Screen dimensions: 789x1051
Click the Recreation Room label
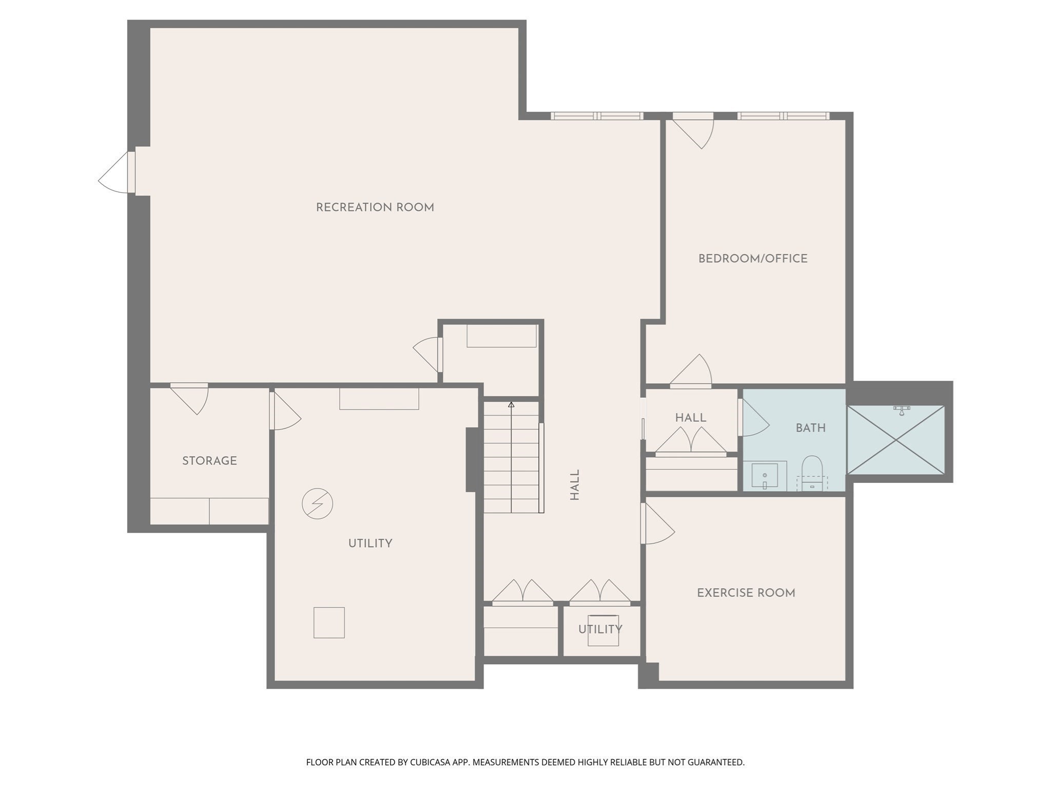[375, 208]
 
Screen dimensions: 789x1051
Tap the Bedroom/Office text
[752, 258]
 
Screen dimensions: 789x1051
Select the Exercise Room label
[746, 593]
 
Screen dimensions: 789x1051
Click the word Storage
[209, 461]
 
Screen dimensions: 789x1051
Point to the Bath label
[810, 428]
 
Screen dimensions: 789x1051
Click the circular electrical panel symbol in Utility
[317, 503]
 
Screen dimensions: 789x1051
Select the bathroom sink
[765, 476]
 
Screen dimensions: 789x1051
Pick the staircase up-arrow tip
[511, 405]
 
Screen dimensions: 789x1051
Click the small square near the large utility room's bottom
[329, 623]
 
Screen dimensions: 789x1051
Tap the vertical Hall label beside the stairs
[575, 484]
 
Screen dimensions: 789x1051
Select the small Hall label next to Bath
[690, 418]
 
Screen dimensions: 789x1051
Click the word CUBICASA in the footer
[430, 762]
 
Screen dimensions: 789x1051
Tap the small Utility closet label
[600, 629]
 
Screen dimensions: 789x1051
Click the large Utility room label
[370, 543]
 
